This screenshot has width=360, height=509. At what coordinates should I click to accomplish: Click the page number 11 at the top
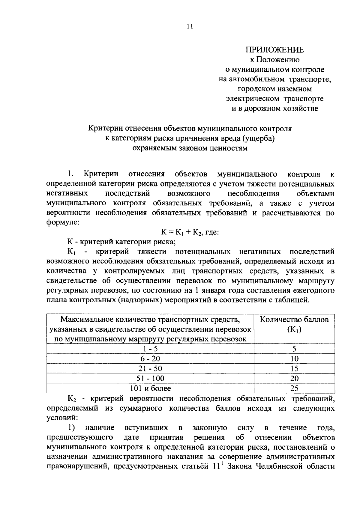189,26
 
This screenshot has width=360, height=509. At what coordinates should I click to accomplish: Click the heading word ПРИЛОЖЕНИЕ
274,50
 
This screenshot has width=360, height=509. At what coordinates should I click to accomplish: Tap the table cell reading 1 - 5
150,349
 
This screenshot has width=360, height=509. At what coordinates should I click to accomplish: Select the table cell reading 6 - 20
150,359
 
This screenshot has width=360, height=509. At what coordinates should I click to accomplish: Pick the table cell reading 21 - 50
150,368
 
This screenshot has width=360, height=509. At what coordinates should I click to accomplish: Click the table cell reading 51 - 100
150,378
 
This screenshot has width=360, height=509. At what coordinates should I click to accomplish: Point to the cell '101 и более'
150,388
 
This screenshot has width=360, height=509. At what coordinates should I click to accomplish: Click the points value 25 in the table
294,388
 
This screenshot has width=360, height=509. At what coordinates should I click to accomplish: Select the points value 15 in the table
294,368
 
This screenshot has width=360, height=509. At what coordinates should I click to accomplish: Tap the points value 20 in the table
294,378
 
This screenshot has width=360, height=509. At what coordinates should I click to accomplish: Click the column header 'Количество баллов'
294,320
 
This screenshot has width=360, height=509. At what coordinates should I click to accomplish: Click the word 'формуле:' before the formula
63,223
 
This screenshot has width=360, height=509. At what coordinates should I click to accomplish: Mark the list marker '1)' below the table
71,427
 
